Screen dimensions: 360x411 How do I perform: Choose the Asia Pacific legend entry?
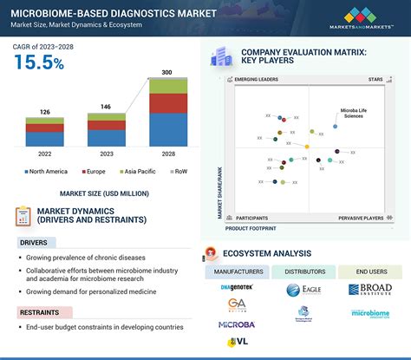point(133,172)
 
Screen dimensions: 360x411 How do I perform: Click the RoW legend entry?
point(178,172)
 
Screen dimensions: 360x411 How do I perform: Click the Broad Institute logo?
point(370,290)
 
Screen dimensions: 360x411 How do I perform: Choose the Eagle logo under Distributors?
point(303,290)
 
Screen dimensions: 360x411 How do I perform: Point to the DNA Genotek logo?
point(235,286)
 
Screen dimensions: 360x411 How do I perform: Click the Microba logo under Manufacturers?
point(236,324)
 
